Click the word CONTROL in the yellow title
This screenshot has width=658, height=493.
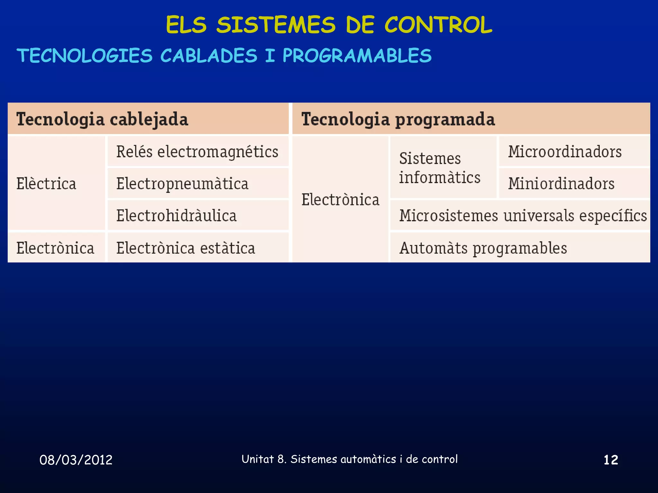pos(438,25)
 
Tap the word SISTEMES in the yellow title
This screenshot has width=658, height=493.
pos(276,25)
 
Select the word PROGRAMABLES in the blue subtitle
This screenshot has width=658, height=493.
pos(357,56)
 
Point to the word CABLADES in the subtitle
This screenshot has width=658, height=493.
pos(209,56)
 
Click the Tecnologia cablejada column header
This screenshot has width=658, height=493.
pos(102,119)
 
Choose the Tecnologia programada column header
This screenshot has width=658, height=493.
pos(398,119)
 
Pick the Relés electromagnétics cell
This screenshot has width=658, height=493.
pos(197,151)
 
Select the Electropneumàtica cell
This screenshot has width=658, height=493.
pos(182,184)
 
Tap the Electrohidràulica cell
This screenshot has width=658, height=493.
pos(176,215)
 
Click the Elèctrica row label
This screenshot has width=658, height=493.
pos(46,184)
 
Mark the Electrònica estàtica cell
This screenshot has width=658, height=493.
pos(186,248)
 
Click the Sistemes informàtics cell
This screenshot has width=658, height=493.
pos(440,168)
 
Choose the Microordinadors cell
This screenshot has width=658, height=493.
pos(565,151)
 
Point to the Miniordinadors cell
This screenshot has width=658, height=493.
pos(561,184)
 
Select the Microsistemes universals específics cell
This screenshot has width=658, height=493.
pos(523,215)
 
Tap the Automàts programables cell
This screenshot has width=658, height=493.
pos(483,248)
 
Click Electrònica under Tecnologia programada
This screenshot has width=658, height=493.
pos(340,200)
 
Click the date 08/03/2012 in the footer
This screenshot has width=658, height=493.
pos(76,460)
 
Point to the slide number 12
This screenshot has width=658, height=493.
pos(611,460)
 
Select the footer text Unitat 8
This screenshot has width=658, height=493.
pos(263,459)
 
